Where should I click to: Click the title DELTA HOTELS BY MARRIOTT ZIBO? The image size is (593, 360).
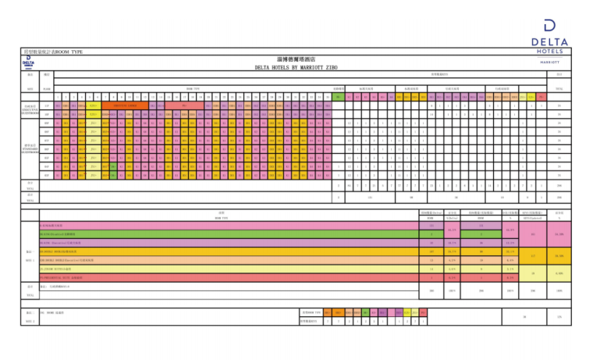click(x=296, y=68)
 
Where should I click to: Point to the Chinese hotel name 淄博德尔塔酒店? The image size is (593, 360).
click(x=296, y=59)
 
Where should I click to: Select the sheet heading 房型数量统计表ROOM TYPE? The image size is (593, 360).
click(x=53, y=52)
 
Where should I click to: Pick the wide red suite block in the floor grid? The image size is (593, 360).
click(x=184, y=105)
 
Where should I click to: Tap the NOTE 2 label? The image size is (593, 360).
click(x=30, y=319)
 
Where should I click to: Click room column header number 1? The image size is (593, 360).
click(x=59, y=97)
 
